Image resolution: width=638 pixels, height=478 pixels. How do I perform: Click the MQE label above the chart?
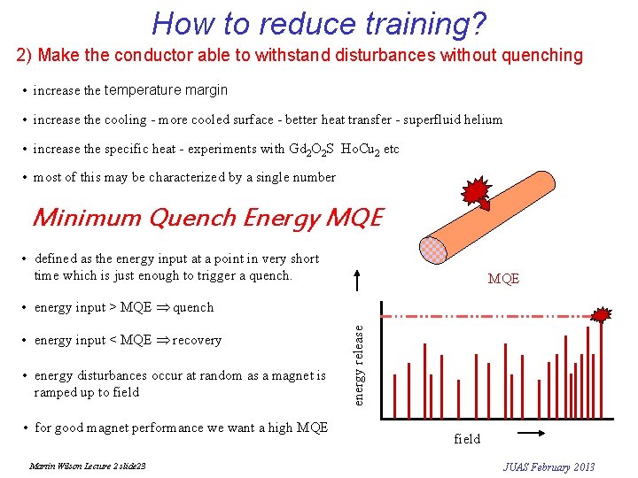503,279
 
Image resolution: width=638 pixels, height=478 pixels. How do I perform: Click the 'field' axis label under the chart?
467,439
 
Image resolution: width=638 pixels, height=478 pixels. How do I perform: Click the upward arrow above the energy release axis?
359,281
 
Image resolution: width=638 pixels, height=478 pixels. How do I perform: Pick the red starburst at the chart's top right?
603,314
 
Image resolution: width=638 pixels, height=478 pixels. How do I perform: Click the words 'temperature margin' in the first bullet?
166,89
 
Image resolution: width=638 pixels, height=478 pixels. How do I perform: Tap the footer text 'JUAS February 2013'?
549,466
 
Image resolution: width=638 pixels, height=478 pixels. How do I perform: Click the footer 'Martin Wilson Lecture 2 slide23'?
88,466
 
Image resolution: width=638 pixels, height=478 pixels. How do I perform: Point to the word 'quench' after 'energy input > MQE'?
193,307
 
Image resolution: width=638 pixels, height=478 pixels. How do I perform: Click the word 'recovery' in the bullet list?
197,340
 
